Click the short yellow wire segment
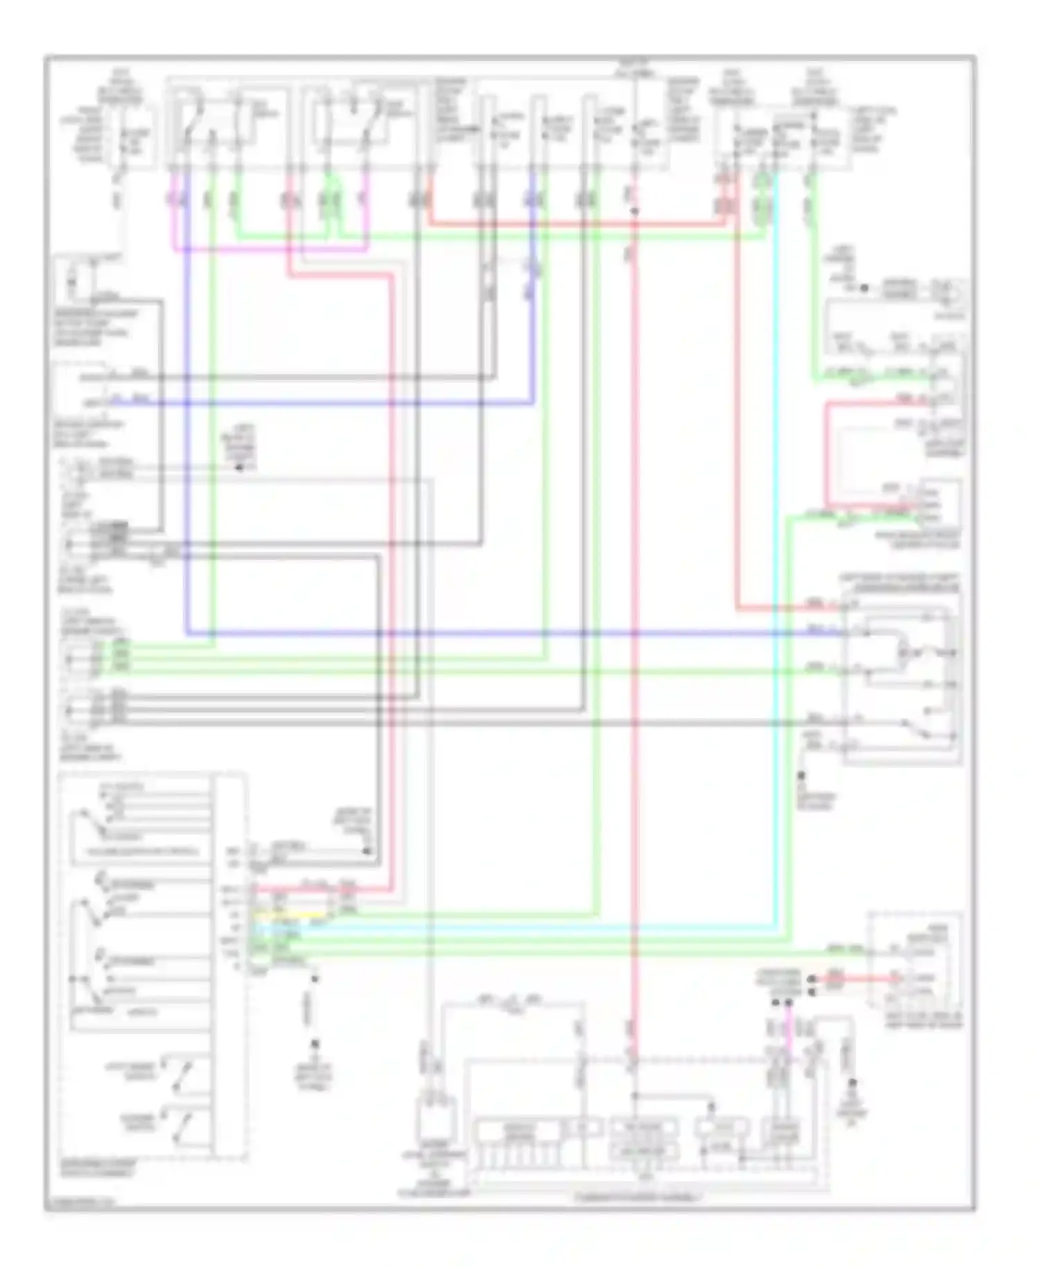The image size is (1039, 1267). [x=287, y=916]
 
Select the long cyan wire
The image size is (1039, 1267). [x=774, y=554]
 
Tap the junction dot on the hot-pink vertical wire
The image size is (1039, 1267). [x=634, y=210]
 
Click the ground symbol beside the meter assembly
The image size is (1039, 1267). [x=852, y=1085]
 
